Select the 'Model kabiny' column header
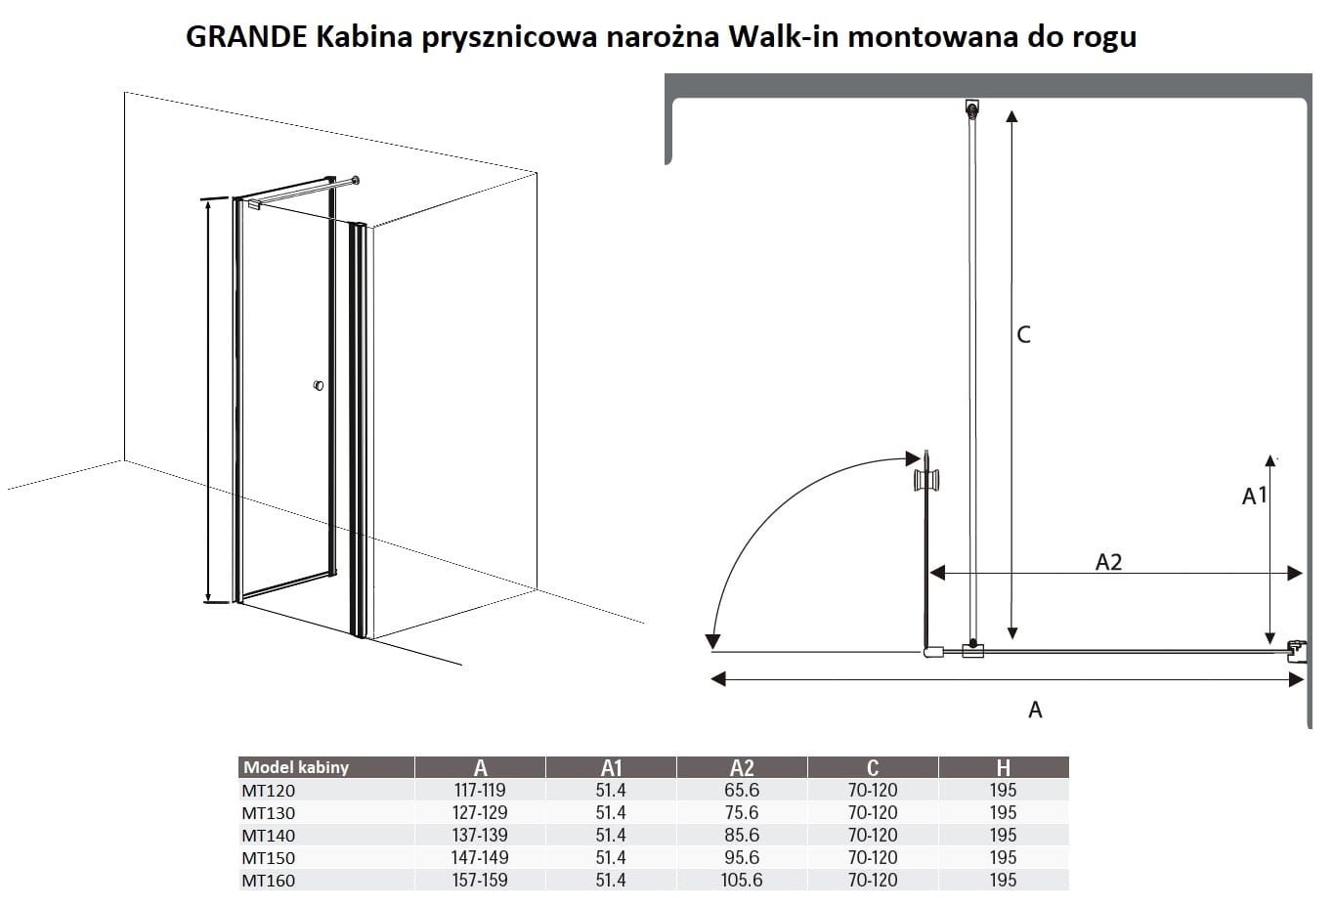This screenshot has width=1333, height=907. click(296, 767)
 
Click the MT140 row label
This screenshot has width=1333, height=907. click(268, 836)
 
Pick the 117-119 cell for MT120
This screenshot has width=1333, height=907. click(480, 790)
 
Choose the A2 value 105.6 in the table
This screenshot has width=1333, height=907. click(742, 880)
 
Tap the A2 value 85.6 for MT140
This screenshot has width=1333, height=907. click(742, 835)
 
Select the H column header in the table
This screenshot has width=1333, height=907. click(1003, 767)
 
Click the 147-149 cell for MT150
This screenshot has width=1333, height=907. click(480, 857)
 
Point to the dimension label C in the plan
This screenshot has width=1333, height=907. click(1023, 334)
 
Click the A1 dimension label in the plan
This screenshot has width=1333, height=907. click(1254, 497)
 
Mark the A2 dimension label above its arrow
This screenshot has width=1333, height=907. click(1108, 562)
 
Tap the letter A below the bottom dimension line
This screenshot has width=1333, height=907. click(1035, 711)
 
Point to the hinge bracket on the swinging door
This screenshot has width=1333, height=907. click(925, 480)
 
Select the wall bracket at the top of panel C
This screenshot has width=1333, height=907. click(971, 108)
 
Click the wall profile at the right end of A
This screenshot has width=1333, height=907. click(1297, 651)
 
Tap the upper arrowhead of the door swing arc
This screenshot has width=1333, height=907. click(916, 457)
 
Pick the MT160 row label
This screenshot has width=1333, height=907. click(268, 881)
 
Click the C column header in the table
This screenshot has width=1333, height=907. click(872, 767)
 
